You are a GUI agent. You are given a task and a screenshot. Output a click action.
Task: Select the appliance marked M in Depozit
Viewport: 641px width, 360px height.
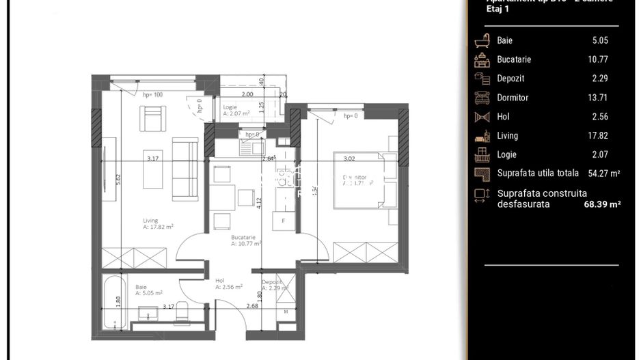point(286,312)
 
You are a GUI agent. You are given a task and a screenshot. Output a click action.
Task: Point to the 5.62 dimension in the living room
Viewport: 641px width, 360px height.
point(118,179)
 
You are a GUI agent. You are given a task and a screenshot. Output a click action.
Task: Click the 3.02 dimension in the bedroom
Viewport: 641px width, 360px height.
point(349,159)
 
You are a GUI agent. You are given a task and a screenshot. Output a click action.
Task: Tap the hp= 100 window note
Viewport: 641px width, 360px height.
point(152,95)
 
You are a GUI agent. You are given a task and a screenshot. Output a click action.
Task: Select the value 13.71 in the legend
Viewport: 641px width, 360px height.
point(599,98)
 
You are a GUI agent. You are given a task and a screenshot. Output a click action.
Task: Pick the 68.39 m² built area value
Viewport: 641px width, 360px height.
point(597,204)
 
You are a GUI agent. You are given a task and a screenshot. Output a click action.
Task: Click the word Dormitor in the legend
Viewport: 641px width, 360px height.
point(513,98)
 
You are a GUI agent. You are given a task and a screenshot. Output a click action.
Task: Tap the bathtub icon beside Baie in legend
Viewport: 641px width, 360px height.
point(482,40)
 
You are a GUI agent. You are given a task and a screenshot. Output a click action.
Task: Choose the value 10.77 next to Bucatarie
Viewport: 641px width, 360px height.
point(599,59)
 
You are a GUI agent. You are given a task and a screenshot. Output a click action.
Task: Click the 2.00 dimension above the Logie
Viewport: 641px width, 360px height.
point(247,94)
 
